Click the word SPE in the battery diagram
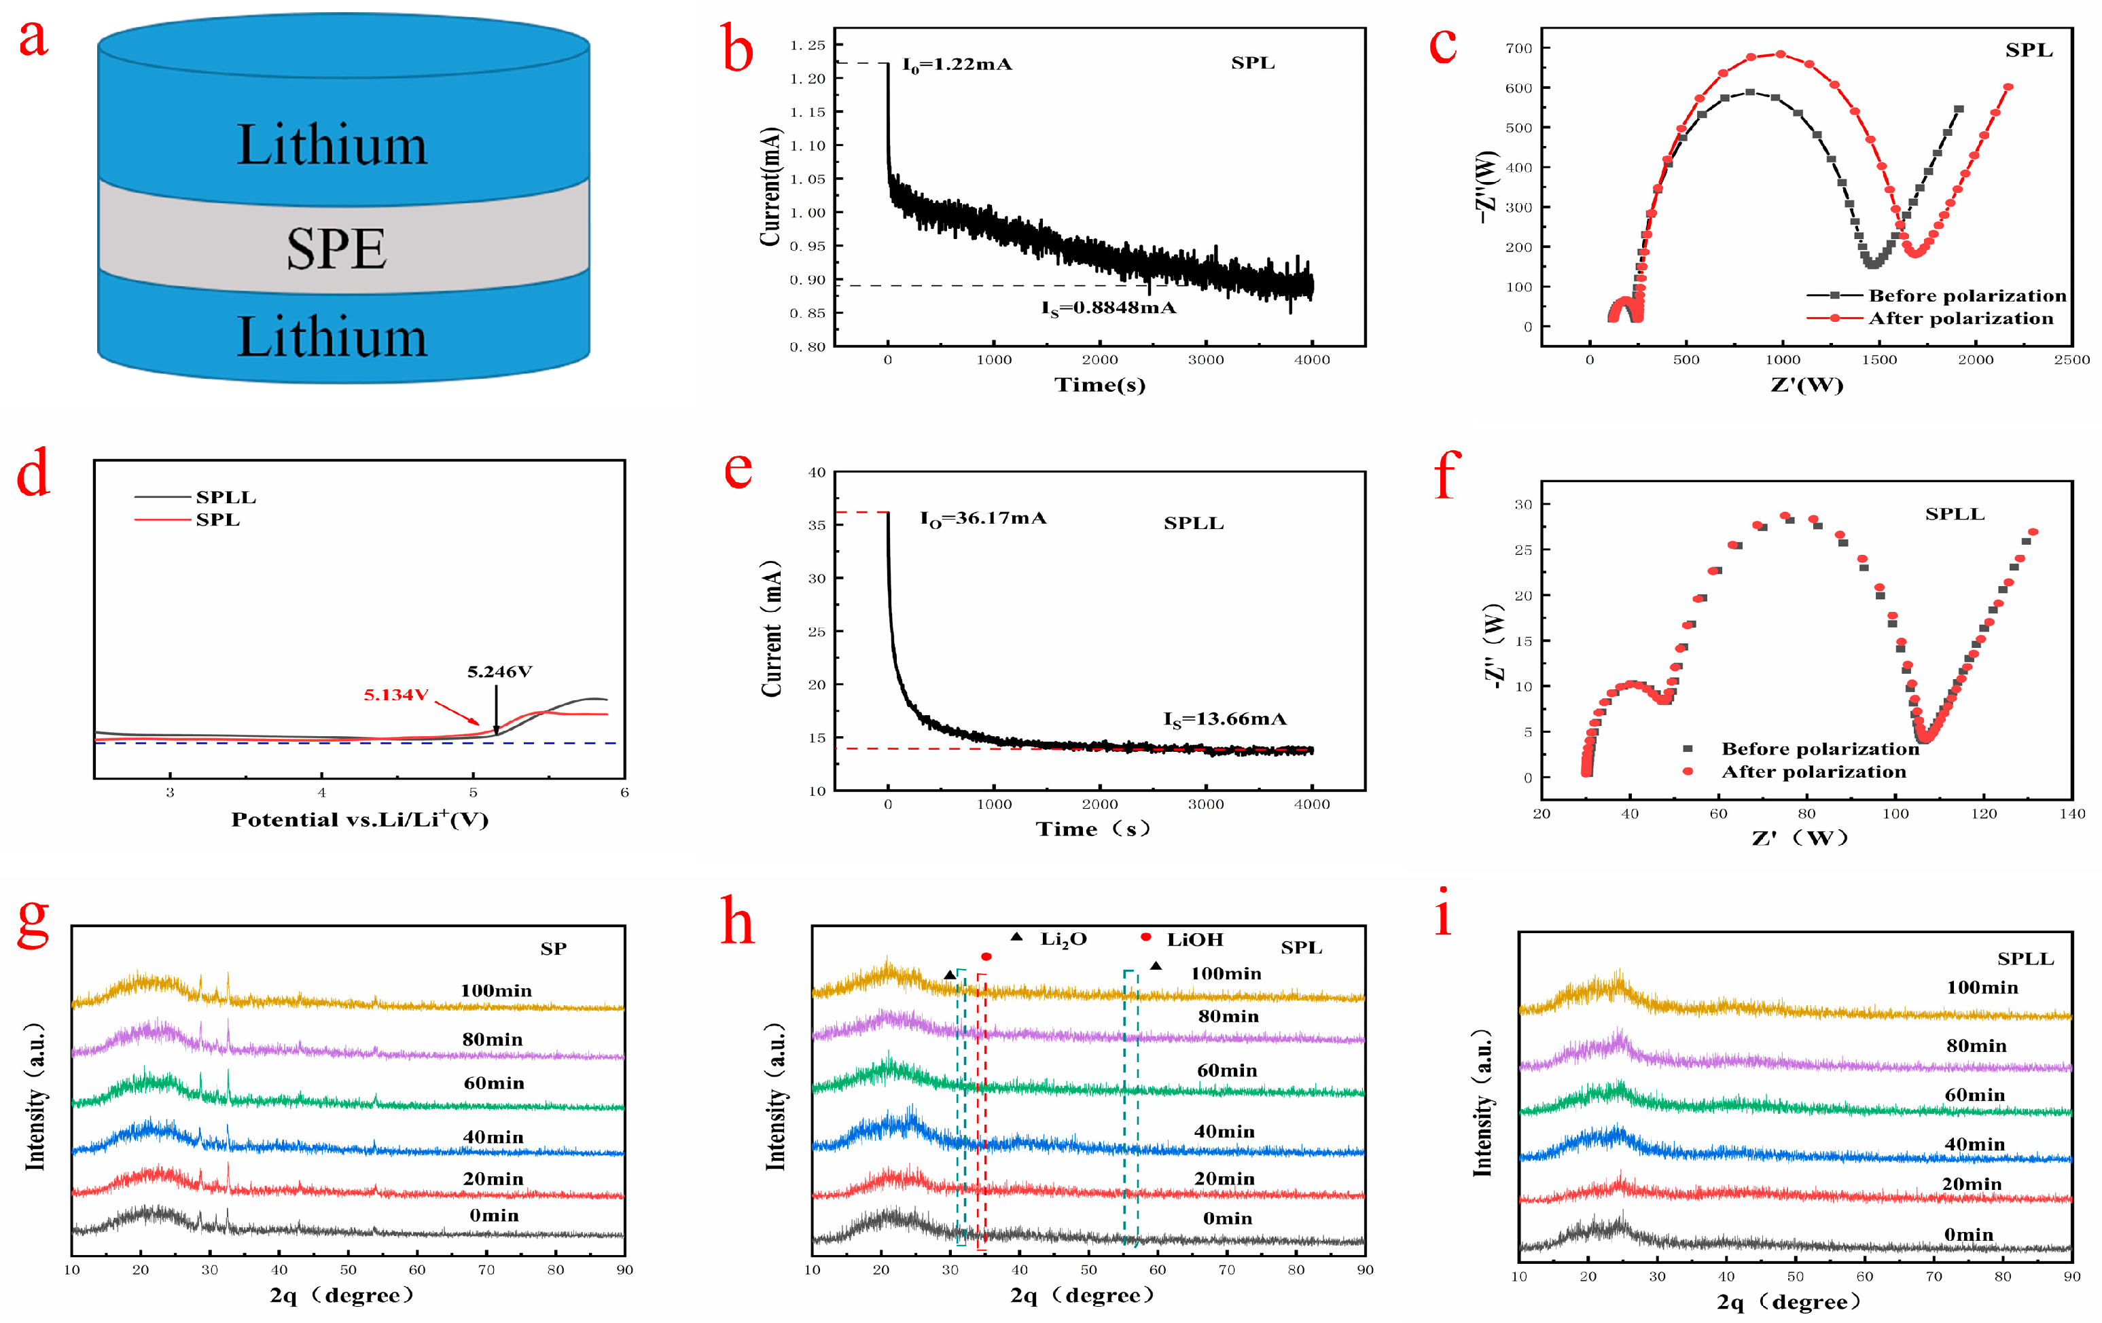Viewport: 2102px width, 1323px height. point(336,249)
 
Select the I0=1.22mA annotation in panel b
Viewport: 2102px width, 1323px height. point(957,65)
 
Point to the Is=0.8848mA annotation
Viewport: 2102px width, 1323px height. point(1109,308)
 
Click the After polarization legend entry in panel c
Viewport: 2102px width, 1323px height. point(1961,319)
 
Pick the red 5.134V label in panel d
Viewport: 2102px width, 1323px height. point(395,695)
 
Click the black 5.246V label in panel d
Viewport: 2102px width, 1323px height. point(499,671)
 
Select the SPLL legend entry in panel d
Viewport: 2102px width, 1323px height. point(226,497)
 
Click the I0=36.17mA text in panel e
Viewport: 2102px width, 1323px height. point(983,518)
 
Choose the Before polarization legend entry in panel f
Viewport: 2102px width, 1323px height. point(1820,748)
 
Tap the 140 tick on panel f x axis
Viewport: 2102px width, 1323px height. point(2071,814)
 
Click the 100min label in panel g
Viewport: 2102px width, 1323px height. point(496,990)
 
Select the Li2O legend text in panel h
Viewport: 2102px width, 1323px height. point(1063,940)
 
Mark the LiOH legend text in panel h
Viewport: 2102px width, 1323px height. point(1194,940)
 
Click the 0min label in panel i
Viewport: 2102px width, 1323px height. point(1968,1234)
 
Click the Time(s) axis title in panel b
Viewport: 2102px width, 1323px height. point(1100,385)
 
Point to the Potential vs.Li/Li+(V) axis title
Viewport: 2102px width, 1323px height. point(359,820)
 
